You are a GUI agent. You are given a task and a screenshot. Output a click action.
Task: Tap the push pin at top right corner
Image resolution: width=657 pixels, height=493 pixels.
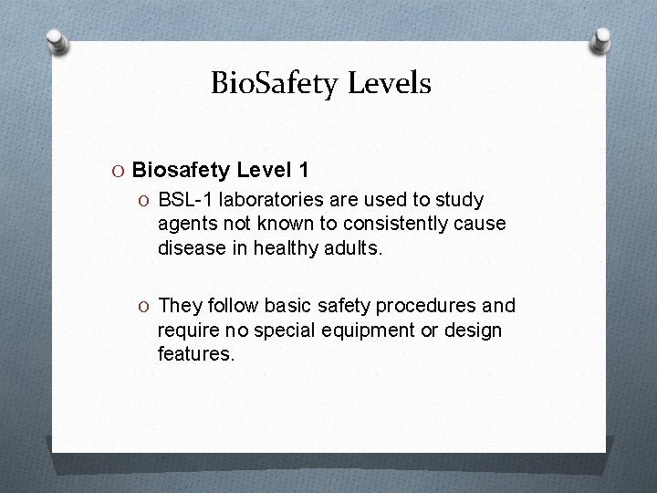(602, 40)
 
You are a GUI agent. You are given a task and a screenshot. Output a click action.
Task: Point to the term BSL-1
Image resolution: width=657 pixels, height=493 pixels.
(182, 199)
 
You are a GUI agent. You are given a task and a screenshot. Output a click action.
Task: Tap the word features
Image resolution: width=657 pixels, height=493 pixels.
(195, 354)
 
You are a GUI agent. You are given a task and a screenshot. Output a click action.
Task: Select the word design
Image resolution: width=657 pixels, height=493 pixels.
(474, 330)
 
